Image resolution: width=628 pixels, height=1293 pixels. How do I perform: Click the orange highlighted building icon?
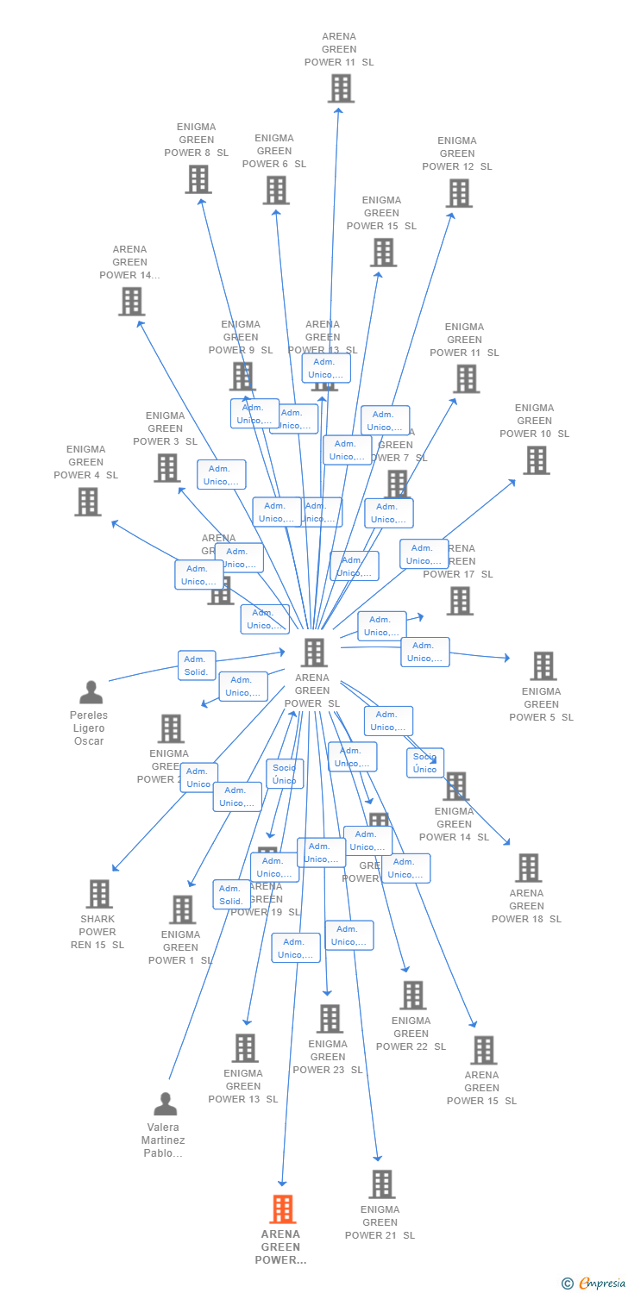coord(282,1209)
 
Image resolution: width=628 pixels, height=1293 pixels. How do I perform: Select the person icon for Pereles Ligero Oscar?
coord(91,692)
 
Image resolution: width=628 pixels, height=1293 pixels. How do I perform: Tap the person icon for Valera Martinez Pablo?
coord(165,1104)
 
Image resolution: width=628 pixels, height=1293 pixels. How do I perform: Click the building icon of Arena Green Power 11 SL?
coord(341,88)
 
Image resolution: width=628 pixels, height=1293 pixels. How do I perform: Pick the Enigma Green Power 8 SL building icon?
coord(198,179)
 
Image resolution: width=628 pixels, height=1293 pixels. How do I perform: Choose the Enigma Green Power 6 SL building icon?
coord(276,191)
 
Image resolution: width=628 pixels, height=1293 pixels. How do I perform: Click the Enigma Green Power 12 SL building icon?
coord(459,193)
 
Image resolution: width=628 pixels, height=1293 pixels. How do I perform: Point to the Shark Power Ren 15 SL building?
coord(99,894)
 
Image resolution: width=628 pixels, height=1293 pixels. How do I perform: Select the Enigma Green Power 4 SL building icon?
coord(88,502)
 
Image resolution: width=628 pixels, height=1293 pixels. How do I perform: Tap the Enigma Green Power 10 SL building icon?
coord(537,460)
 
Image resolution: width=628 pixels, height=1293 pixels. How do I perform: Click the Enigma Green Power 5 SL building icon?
coord(543,665)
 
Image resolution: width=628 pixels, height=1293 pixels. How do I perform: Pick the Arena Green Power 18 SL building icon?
coord(528,868)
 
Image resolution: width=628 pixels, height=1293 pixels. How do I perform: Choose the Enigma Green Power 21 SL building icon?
coord(381,1184)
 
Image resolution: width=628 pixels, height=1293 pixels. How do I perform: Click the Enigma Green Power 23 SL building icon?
coord(330,1019)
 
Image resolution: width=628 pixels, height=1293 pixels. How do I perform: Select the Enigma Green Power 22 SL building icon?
coord(413,996)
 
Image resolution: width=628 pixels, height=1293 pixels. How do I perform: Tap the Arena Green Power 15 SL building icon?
coord(484,1050)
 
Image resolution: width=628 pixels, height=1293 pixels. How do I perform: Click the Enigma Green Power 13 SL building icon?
coord(245,1048)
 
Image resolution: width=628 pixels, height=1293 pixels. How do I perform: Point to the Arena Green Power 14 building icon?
coord(131,302)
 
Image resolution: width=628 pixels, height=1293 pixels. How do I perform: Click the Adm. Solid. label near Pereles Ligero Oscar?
coord(197,665)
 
